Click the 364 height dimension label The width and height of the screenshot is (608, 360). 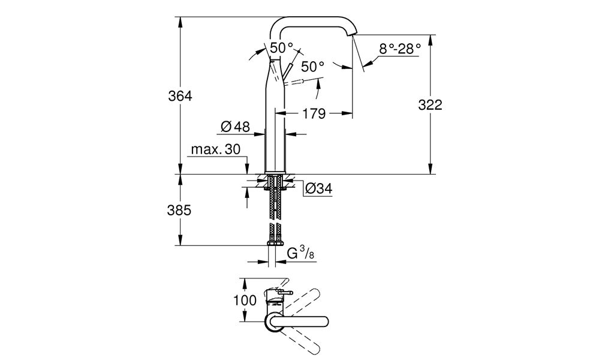coord(180,96)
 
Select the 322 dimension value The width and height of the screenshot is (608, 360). coord(430,104)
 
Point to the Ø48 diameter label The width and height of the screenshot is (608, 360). coord(235,127)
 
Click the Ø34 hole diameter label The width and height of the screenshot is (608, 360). coord(318,188)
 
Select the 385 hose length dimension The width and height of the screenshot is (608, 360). coord(180,211)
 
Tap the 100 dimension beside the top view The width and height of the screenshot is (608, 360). coord(245,300)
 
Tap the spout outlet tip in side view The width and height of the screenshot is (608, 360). coord(354,34)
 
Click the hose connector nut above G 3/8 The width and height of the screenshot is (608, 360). coord(275,242)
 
